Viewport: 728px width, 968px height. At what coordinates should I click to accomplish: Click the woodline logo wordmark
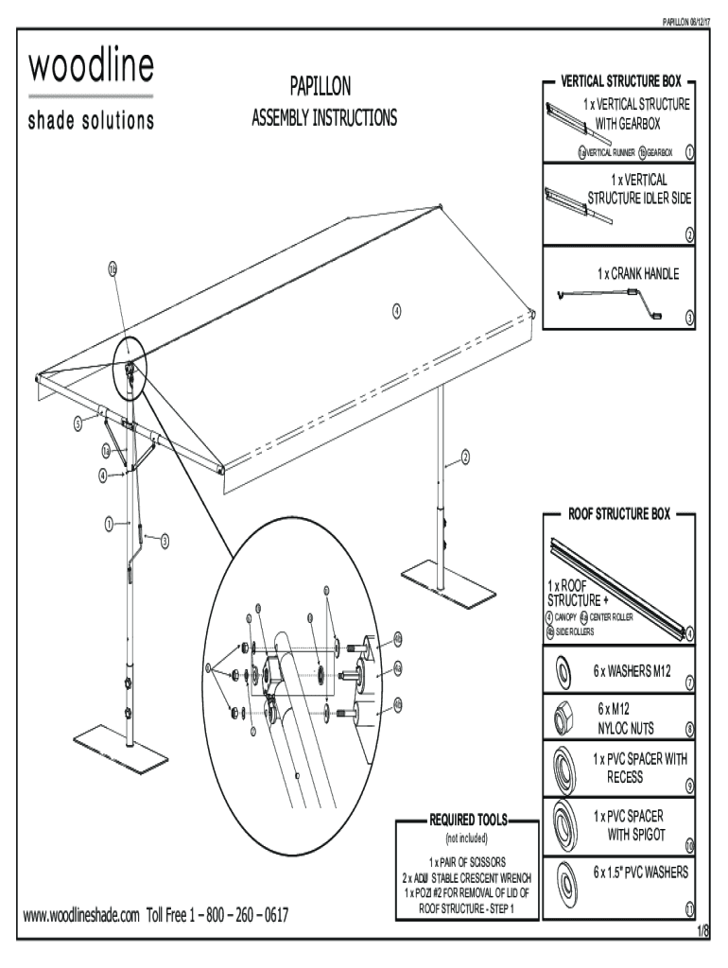click(91, 68)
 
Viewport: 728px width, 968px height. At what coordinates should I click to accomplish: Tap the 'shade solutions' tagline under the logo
click(91, 121)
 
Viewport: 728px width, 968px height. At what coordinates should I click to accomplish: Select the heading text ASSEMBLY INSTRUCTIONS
click(324, 118)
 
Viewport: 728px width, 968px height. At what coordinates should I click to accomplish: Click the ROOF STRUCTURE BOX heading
click(618, 514)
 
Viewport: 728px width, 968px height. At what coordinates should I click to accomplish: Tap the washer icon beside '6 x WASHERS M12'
click(562, 672)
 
